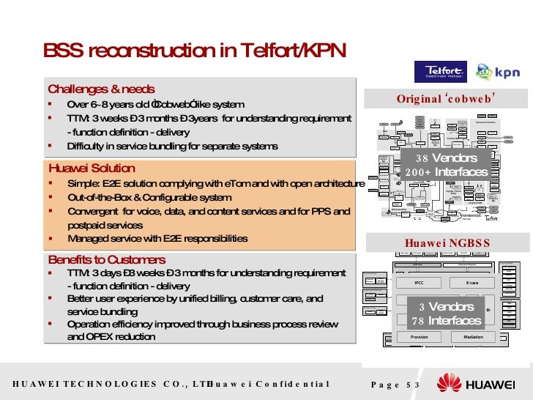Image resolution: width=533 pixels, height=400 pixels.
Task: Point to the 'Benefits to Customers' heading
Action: click(x=107, y=260)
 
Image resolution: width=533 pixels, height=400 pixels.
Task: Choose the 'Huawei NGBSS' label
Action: click(x=447, y=243)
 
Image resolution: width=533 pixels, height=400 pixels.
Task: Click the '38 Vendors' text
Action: click(x=447, y=158)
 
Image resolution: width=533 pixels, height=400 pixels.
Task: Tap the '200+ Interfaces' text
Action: click(x=447, y=172)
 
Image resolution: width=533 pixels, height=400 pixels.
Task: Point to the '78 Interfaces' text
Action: click(x=447, y=321)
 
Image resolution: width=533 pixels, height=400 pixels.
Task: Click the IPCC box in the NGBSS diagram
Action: click(x=419, y=281)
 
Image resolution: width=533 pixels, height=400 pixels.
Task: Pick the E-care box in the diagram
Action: click(x=473, y=281)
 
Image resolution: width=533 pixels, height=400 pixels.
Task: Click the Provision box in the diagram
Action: click(x=419, y=337)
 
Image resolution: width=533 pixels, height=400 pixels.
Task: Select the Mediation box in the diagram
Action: click(x=473, y=337)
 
